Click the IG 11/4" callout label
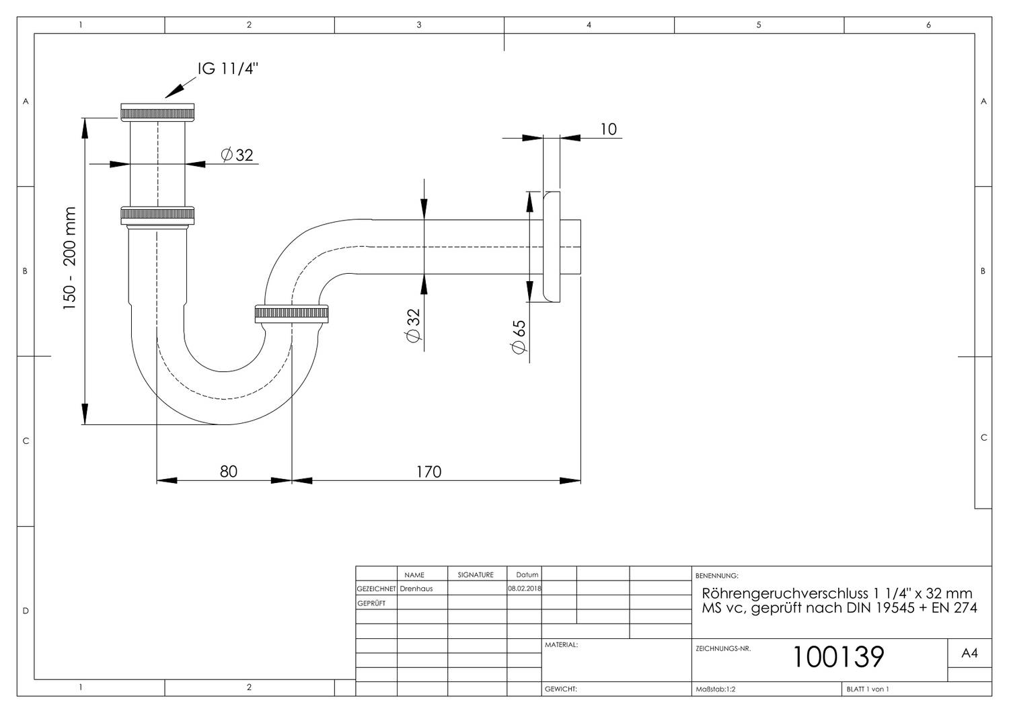click(x=228, y=69)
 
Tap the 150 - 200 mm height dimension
click(x=69, y=258)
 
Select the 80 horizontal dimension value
click(x=229, y=471)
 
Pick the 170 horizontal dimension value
click(x=428, y=472)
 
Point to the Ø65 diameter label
click(x=519, y=337)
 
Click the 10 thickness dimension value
click(x=608, y=129)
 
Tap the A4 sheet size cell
click(x=969, y=653)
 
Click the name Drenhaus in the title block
click(x=416, y=589)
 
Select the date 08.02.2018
click(x=524, y=589)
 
